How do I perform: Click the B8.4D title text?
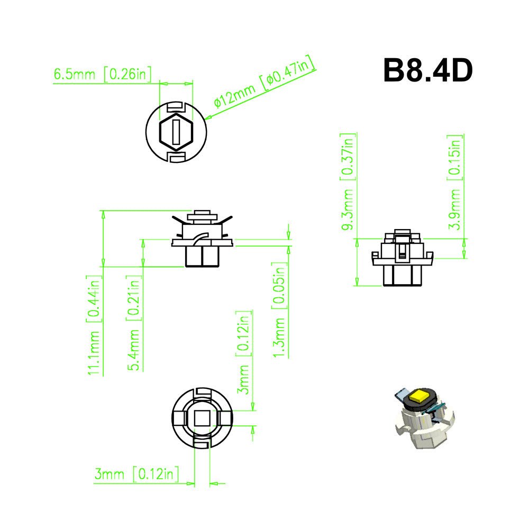coord(427,70)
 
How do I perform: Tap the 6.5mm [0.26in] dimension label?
coord(102,75)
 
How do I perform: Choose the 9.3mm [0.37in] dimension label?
coord(348,183)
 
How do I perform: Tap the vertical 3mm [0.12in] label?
coord(244,352)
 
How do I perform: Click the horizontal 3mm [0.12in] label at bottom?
coord(137,475)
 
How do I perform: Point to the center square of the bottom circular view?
coord(202,418)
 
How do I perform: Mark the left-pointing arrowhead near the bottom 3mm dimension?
coord(213,482)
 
